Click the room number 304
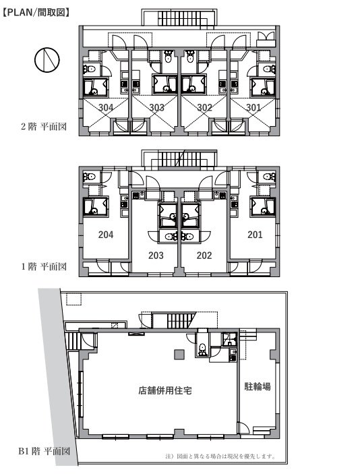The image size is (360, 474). click(x=106, y=107)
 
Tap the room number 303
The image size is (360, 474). click(x=156, y=107)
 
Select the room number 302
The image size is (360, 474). click(x=204, y=107)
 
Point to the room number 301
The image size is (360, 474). click(x=253, y=107)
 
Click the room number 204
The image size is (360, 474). click(x=106, y=235)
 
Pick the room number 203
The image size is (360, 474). click(x=156, y=256)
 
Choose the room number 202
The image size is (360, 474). click(x=204, y=256)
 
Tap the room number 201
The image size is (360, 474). click(x=255, y=235)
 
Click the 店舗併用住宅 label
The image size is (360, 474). click(x=165, y=390)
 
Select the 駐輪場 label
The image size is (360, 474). click(x=258, y=386)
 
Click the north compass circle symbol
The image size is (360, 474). click(x=47, y=60)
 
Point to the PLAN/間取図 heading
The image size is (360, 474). click(x=36, y=12)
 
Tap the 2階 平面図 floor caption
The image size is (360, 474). click(x=44, y=126)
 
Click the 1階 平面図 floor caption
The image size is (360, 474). click(x=44, y=266)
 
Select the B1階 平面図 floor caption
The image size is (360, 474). click(x=44, y=451)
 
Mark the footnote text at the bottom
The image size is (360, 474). click(x=220, y=456)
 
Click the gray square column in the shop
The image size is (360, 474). click(x=179, y=354)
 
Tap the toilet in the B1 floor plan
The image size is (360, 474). click(x=202, y=349)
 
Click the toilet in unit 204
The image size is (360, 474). click(x=90, y=176)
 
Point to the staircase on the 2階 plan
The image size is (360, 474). click(x=179, y=18)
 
